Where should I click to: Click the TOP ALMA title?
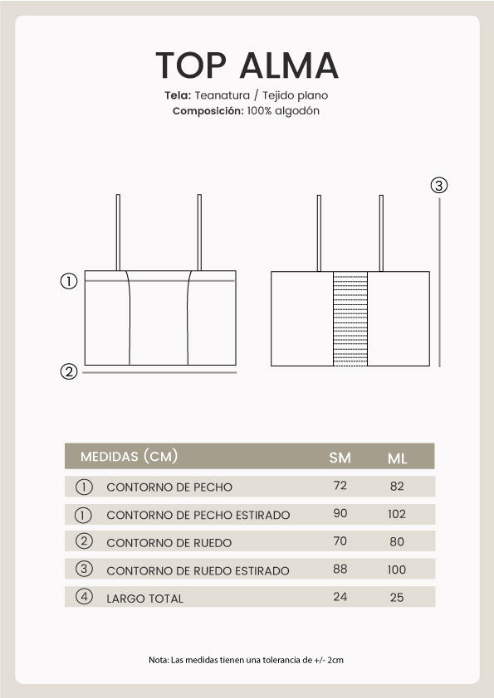pyautogui.click(x=247, y=65)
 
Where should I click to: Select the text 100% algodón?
pyautogui.click(x=283, y=110)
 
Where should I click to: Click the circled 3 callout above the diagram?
pyautogui.click(x=439, y=185)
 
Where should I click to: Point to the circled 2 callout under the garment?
pyautogui.click(x=70, y=371)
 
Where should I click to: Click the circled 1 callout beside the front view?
pyautogui.click(x=70, y=281)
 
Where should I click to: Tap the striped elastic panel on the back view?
pyautogui.click(x=350, y=318)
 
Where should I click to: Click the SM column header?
pyautogui.click(x=340, y=458)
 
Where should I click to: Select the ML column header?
pyautogui.click(x=397, y=458)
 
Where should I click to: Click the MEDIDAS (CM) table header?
pyautogui.click(x=129, y=457)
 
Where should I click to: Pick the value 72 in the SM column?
pyautogui.click(x=340, y=486)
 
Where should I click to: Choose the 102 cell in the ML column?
pyautogui.click(x=397, y=514)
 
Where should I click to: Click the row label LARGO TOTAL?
pyautogui.click(x=144, y=598)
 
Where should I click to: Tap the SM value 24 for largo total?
pyautogui.click(x=340, y=597)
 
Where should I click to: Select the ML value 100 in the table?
pyautogui.click(x=397, y=570)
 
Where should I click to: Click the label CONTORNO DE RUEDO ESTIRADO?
pyautogui.click(x=198, y=570)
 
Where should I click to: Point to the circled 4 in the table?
pyautogui.click(x=84, y=597)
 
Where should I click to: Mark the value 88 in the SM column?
pyautogui.click(x=340, y=570)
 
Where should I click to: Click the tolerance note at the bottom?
pyautogui.click(x=247, y=660)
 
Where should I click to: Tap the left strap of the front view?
pyautogui.click(x=118, y=232)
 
